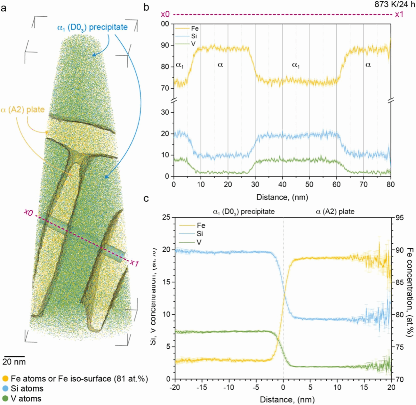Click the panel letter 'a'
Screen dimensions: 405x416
[x=4, y=8]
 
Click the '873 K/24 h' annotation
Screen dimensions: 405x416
[x=395, y=5]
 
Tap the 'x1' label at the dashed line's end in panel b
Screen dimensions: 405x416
[x=399, y=14]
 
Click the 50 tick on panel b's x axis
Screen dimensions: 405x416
[x=309, y=184]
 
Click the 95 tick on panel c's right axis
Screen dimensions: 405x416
[x=400, y=218]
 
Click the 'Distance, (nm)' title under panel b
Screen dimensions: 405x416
[x=282, y=197]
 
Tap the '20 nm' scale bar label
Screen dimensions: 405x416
[x=14, y=362]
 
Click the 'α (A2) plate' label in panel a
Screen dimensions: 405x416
[x=22, y=109]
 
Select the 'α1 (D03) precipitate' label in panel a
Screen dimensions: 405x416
[x=92, y=27]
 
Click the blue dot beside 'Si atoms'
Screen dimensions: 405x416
[x=5, y=389]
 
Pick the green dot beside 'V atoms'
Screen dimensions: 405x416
[x=5, y=399]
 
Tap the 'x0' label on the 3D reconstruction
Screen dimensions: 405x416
[x=28, y=212]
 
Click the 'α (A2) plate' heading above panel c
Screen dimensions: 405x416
[x=335, y=211]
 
